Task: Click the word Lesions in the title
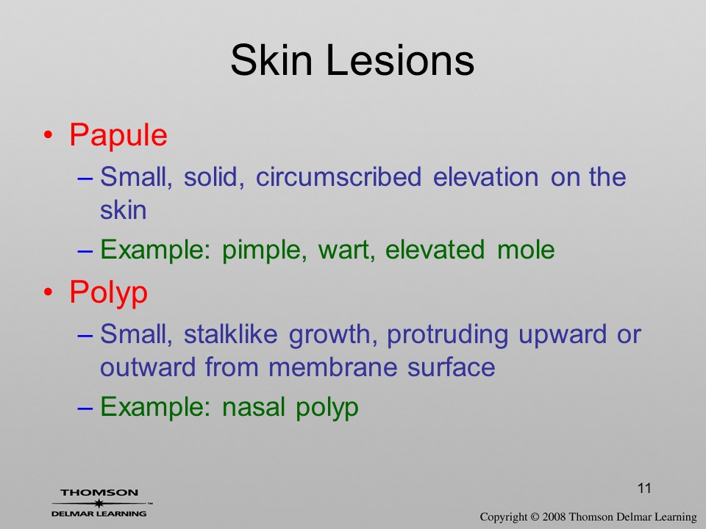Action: click(x=400, y=60)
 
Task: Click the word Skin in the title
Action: click(x=271, y=60)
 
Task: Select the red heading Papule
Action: click(x=118, y=136)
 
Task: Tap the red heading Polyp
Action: click(x=109, y=293)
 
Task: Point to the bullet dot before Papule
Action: click(x=49, y=135)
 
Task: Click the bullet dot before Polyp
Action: click(x=49, y=292)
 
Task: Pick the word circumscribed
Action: click(x=338, y=177)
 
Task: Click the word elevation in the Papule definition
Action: click(x=485, y=177)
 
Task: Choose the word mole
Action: click(x=526, y=250)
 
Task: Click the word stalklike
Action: click(x=230, y=334)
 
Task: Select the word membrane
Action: click(x=332, y=367)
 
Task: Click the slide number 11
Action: click(x=644, y=489)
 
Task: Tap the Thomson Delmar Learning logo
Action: click(x=101, y=503)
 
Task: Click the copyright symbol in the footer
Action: click(x=535, y=517)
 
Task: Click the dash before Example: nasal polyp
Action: click(x=85, y=408)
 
